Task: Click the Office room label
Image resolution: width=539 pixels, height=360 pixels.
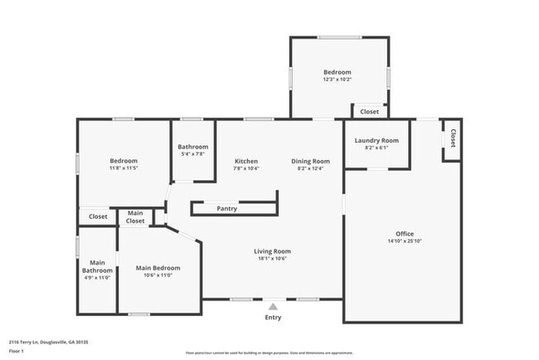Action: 404,234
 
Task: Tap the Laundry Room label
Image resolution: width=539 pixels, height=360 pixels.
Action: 376,140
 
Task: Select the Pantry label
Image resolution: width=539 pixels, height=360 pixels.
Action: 226,208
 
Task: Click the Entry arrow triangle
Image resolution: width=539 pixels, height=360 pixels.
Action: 273,306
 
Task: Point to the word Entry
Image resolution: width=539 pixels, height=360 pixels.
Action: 273,317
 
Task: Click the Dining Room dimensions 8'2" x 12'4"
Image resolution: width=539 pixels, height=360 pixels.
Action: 310,168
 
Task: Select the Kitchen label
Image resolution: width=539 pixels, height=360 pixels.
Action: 246,161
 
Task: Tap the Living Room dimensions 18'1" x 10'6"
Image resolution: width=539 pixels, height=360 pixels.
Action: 272,259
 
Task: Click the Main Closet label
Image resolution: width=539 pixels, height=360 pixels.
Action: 135,218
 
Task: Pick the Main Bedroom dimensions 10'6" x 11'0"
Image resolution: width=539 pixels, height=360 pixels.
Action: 158,275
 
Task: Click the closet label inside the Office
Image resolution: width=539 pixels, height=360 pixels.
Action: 453,139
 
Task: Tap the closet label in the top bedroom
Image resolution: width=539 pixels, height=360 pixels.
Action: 369,111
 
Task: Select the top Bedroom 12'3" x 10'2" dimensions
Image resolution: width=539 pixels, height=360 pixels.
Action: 337,80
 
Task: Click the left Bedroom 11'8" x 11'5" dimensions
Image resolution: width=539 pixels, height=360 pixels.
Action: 124,168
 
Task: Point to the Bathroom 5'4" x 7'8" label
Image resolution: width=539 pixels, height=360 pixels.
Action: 192,147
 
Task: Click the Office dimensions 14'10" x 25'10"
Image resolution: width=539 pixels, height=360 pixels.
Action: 404,241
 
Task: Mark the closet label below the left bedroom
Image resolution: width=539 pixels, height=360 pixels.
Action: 98,216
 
